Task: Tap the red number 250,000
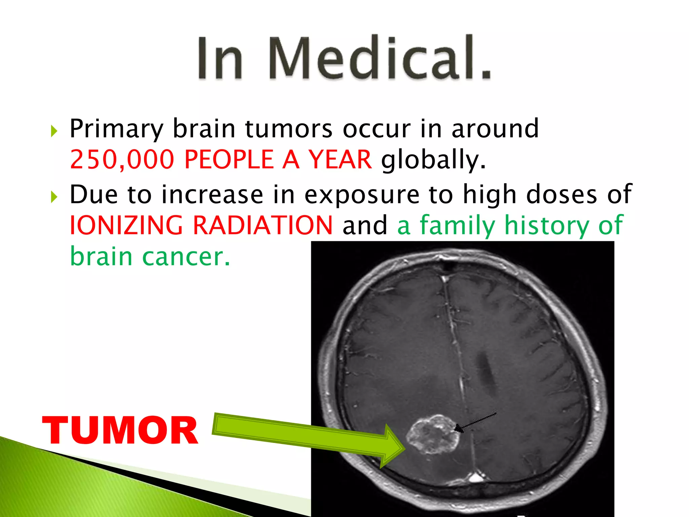click(x=122, y=159)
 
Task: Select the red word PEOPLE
click(x=229, y=159)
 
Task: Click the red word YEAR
click(x=340, y=159)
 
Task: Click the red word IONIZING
click(x=126, y=225)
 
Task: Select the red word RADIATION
click(x=262, y=225)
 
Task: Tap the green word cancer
click(x=186, y=256)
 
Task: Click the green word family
click(x=458, y=225)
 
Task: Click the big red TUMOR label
click(x=120, y=431)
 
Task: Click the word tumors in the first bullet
click(x=289, y=129)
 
